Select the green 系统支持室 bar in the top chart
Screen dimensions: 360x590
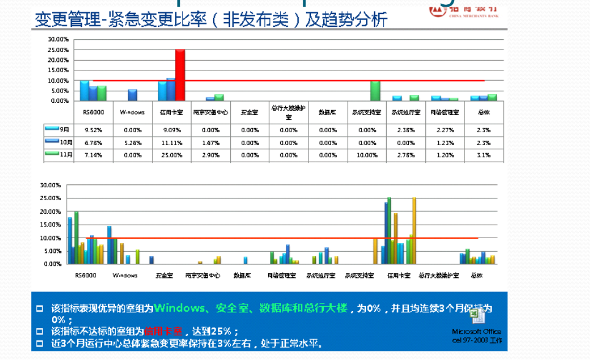point(375,91)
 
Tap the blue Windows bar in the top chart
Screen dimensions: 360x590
point(132,95)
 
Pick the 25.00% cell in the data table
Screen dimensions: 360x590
point(171,155)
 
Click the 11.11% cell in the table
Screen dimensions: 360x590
point(171,143)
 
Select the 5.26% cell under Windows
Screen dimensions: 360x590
point(132,143)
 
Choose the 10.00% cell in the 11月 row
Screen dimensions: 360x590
point(367,155)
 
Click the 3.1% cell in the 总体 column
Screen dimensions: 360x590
point(484,155)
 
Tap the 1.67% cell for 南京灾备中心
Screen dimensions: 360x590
point(211,143)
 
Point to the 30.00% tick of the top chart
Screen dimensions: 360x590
point(58,39)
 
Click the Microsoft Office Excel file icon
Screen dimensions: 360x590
point(477,315)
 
